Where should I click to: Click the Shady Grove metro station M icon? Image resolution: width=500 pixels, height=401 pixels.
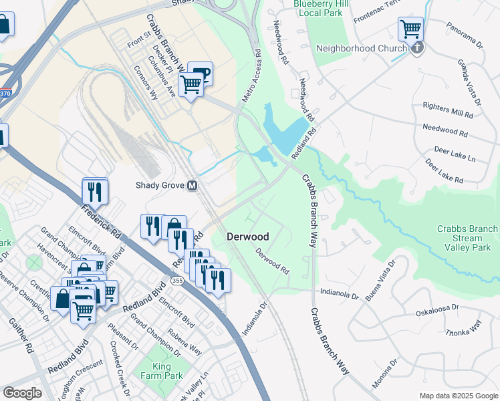pyautogui.click(x=193, y=186)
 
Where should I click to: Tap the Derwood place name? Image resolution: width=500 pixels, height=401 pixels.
pyautogui.click(x=247, y=237)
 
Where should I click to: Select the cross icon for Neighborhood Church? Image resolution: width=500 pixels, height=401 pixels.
pyautogui.click(x=417, y=48)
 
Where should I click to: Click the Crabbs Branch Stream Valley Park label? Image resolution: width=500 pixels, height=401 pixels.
pyautogui.click(x=467, y=238)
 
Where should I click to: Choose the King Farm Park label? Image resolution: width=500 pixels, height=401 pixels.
pyautogui.click(x=158, y=371)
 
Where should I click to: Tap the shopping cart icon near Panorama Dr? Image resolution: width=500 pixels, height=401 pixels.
pyautogui.click(x=410, y=29)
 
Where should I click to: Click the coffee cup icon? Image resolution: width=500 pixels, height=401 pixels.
pyautogui.click(x=201, y=74)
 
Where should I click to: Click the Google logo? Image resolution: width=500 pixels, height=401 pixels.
pyautogui.click(x=22, y=393)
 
